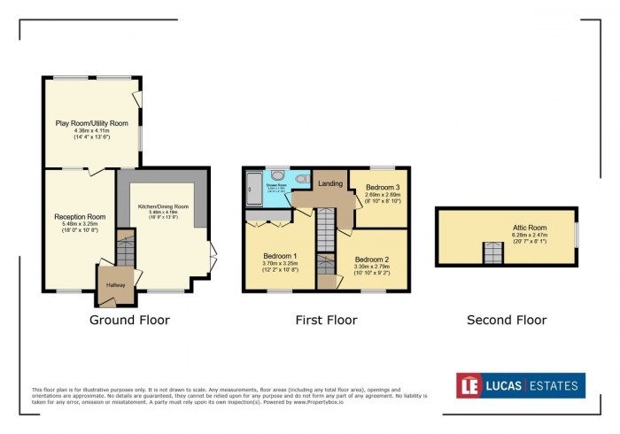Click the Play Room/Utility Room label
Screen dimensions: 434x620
tap(92, 123)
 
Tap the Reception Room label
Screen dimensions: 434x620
tap(80, 217)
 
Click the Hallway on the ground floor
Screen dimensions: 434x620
tap(116, 284)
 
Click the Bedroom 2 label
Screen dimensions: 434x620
tap(371, 260)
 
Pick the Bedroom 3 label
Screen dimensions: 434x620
tap(383, 188)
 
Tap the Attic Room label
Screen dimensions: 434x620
tap(531, 228)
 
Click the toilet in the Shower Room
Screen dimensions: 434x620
tap(303, 180)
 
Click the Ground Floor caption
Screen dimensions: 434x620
tap(129, 320)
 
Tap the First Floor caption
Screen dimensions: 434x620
tap(327, 320)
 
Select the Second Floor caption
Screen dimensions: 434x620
tap(507, 320)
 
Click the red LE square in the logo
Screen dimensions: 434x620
tap(469, 385)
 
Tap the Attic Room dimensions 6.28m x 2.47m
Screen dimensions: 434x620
tap(531, 235)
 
